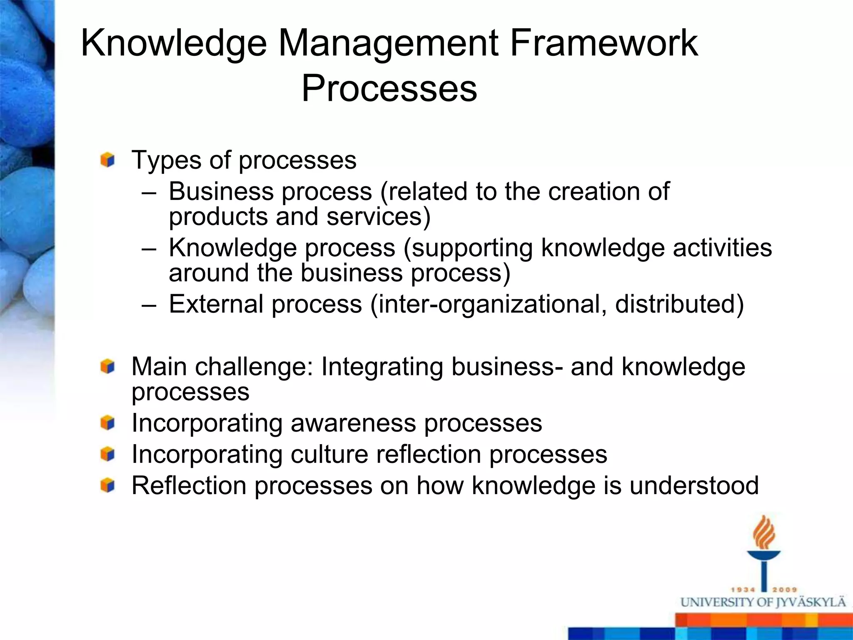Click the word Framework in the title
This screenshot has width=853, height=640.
[604, 43]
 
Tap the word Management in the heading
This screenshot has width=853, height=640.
[388, 44]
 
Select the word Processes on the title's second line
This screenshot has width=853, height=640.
[389, 88]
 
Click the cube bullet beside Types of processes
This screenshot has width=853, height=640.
[107, 160]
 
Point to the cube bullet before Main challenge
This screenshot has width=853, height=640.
[107, 367]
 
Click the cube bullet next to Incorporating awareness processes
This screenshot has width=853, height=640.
[107, 423]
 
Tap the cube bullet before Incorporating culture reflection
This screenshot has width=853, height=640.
[107, 454]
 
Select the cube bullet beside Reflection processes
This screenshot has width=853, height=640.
[107, 485]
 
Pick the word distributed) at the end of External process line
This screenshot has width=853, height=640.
[679, 304]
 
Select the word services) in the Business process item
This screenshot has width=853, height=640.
[378, 217]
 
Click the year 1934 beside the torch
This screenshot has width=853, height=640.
[743, 590]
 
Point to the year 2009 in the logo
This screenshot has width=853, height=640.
[785, 590]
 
